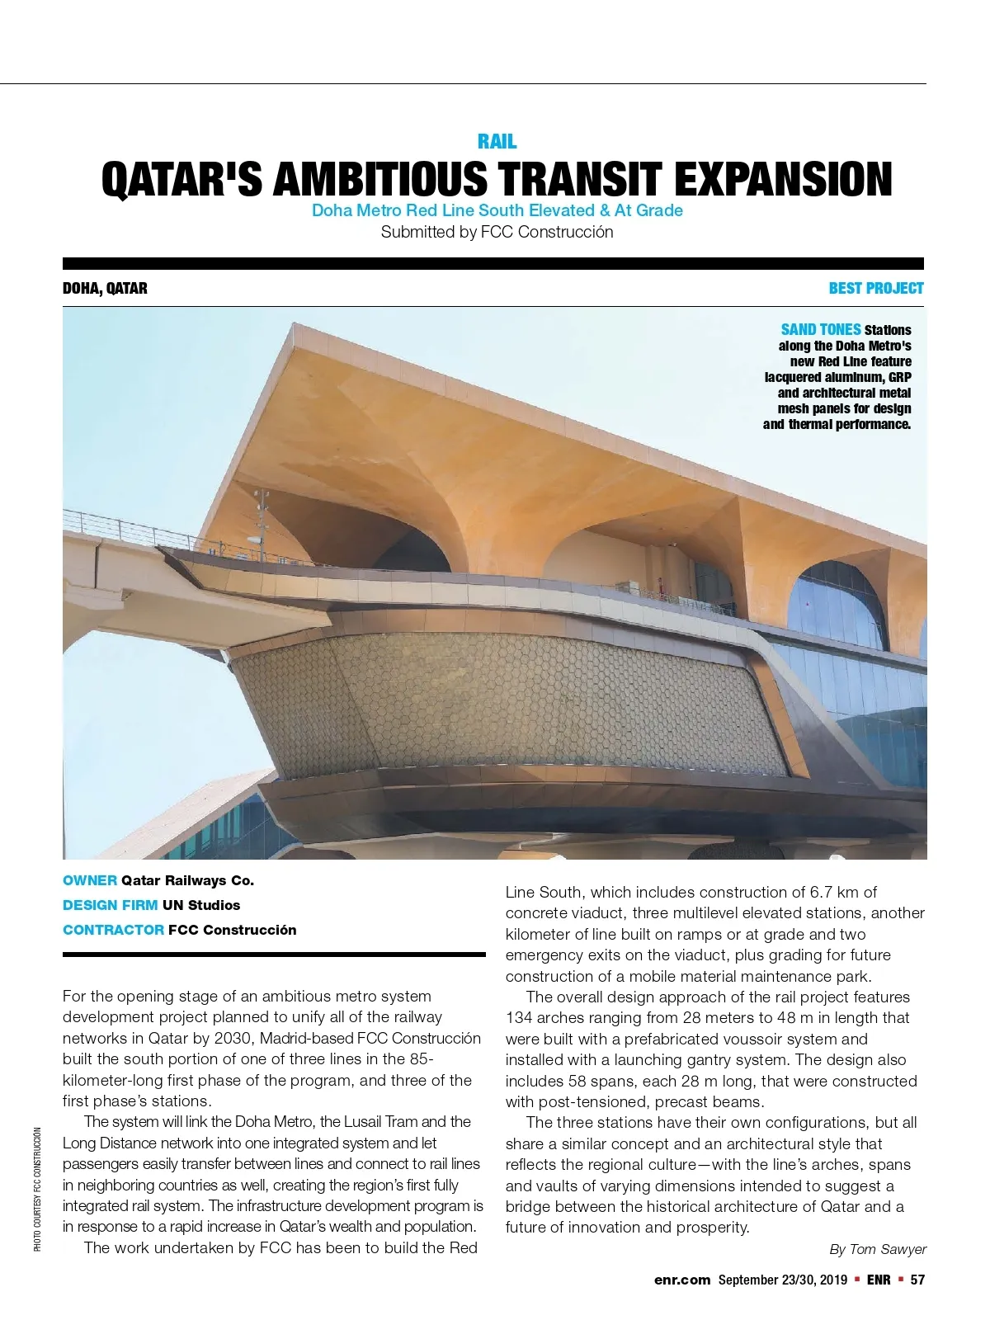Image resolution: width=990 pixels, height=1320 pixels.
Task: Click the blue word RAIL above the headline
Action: pos(497,142)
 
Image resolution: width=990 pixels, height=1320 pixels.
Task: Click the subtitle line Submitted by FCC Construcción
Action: pos(497,233)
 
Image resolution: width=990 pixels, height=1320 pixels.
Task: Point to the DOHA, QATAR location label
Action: pos(105,288)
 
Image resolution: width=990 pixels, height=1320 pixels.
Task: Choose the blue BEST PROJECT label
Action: pos(875,288)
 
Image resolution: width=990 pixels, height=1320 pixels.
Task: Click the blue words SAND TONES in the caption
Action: pos(820,329)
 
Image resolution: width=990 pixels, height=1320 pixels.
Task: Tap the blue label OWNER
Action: pos(89,880)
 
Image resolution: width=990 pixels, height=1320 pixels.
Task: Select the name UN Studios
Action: pos(201,905)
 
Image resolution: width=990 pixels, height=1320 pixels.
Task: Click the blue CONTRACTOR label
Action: pos(113,930)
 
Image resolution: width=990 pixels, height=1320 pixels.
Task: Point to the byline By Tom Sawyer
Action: pos(877,1249)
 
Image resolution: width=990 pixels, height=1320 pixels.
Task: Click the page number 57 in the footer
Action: pos(917,1280)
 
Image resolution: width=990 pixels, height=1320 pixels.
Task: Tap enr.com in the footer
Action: pos(681,1280)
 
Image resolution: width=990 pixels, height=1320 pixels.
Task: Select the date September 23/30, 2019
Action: pos(782,1280)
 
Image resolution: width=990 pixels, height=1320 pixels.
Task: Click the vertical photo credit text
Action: pos(38,1188)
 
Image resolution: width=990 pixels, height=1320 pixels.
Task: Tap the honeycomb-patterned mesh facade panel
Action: pos(503,701)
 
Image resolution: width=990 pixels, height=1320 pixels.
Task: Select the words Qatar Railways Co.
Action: pos(187,880)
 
